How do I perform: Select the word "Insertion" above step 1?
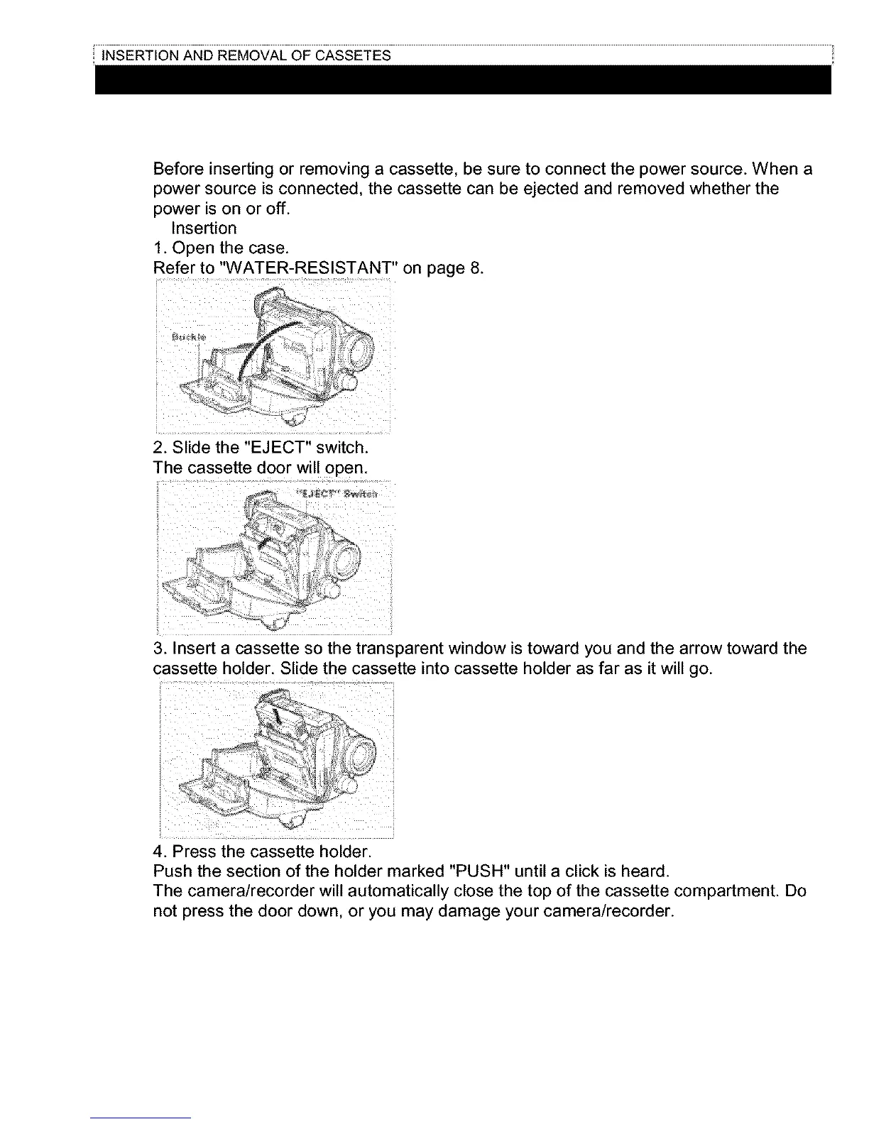(x=204, y=228)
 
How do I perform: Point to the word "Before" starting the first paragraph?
(x=179, y=170)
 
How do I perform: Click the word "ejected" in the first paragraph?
(x=550, y=189)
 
